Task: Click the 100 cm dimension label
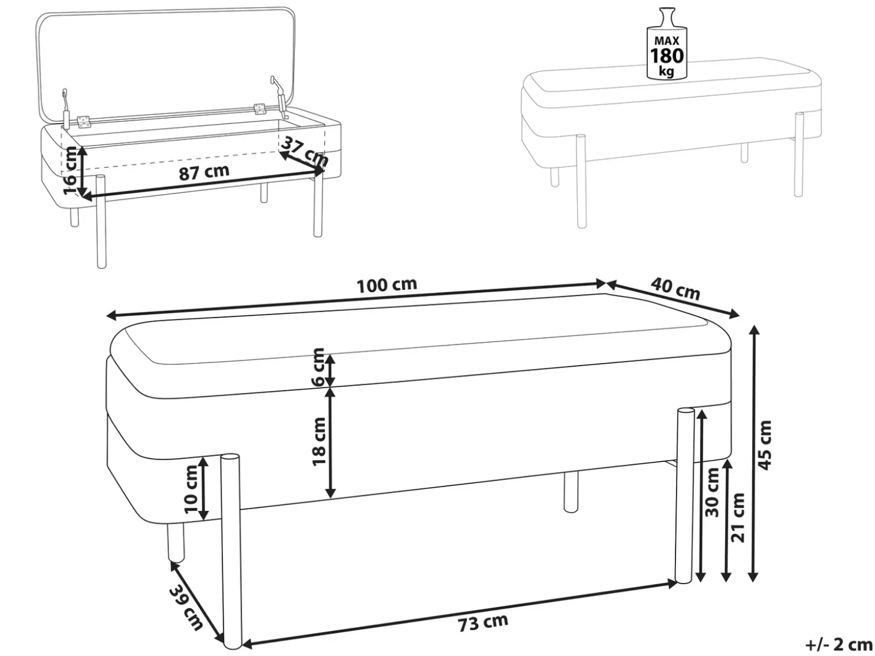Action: (387, 285)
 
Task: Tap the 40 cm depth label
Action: (675, 288)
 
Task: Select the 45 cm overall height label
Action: (765, 445)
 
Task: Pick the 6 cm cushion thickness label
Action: (319, 367)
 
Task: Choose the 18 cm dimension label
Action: (319, 442)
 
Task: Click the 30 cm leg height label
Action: (712, 492)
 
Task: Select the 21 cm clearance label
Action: (738, 517)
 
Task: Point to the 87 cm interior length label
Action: (204, 172)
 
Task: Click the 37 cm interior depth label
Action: (304, 152)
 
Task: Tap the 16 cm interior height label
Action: (70, 171)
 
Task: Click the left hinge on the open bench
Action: (84, 122)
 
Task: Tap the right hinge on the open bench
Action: (260, 110)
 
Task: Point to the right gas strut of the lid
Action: (279, 98)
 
